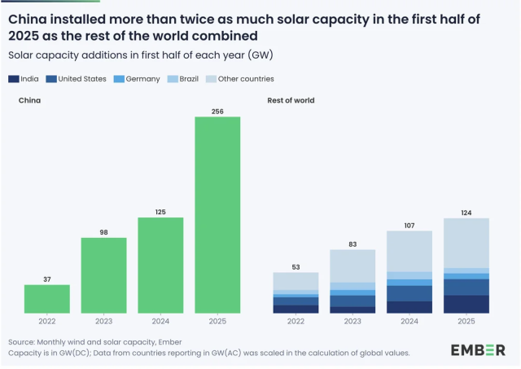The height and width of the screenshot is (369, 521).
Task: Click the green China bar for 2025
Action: [217, 215]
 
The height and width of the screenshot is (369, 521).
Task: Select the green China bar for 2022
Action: [47, 299]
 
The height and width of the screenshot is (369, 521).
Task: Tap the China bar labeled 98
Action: [103, 275]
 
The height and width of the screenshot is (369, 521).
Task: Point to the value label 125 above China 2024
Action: [160, 212]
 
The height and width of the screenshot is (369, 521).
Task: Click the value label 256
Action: [217, 111]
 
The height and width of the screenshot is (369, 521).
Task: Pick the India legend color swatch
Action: [14, 79]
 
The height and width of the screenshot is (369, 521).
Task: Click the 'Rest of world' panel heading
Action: [291, 100]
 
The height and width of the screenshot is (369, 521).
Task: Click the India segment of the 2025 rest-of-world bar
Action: [466, 304]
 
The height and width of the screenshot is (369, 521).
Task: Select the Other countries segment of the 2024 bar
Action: [409, 251]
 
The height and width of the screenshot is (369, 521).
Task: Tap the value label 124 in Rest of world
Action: [466, 213]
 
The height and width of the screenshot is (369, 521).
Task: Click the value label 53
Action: [296, 266]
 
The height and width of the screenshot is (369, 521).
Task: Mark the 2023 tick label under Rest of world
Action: [352, 322]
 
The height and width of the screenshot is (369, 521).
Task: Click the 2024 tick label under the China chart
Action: [160, 322]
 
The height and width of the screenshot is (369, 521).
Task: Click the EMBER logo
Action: [478, 349]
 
